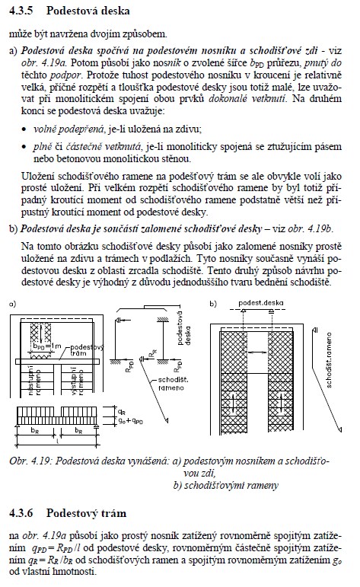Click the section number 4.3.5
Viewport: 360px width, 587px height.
(21, 11)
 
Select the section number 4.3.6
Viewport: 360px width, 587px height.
(21, 513)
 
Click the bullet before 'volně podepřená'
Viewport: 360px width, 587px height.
(24, 130)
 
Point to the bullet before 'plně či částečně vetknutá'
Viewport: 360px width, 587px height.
(24, 147)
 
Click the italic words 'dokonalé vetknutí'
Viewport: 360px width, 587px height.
(247, 99)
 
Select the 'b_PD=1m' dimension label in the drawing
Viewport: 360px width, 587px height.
(46, 346)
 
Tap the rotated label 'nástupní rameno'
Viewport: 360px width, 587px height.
(34, 381)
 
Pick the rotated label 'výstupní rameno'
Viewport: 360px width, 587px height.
(77, 381)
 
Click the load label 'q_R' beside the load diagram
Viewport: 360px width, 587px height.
(122, 412)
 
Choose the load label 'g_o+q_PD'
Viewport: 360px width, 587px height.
(131, 421)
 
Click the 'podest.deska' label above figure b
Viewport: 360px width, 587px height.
(261, 303)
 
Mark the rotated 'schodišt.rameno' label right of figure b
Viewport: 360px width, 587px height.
(329, 360)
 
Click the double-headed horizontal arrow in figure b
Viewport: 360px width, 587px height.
(257, 353)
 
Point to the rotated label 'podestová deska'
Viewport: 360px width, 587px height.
(183, 328)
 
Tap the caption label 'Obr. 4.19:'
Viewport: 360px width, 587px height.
(30, 461)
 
